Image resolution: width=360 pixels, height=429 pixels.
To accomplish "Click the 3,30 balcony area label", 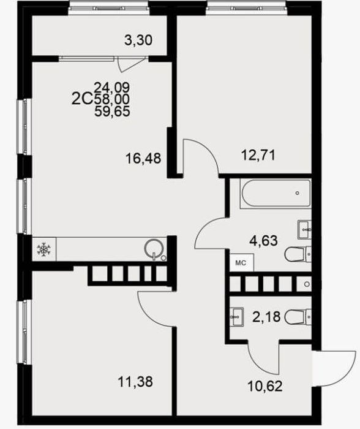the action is [x=138, y=40].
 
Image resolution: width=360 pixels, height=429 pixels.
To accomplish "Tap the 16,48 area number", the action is [x=143, y=158].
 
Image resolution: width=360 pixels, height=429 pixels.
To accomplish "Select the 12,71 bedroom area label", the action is [x=258, y=155].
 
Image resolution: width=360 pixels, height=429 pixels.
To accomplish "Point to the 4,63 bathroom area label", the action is [x=263, y=241].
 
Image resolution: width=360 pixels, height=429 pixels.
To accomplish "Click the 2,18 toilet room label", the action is [x=266, y=317].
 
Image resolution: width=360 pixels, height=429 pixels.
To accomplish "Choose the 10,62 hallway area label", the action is [x=265, y=386].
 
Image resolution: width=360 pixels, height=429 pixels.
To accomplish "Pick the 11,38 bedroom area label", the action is [x=135, y=381].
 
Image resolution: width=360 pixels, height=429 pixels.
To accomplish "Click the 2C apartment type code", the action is [x=82, y=99].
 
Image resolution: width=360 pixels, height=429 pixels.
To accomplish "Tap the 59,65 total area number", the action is [x=112, y=112].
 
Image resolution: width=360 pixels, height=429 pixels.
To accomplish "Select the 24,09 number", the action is [x=112, y=88].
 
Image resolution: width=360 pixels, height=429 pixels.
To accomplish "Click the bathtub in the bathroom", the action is [x=276, y=193].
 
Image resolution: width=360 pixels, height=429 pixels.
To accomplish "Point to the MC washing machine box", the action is [x=241, y=263].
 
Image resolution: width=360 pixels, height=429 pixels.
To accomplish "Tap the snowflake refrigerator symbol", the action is [x=43, y=249].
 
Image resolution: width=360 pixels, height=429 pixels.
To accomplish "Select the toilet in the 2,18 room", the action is [x=298, y=317].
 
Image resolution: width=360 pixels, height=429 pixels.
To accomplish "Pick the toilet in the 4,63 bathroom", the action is [x=298, y=254].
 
